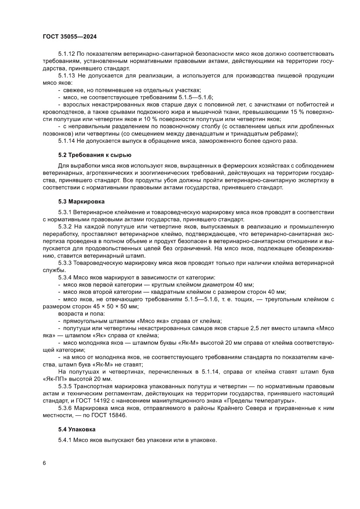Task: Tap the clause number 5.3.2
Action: point(65,227)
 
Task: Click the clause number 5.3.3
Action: point(65,263)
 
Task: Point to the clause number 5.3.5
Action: point(65,386)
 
